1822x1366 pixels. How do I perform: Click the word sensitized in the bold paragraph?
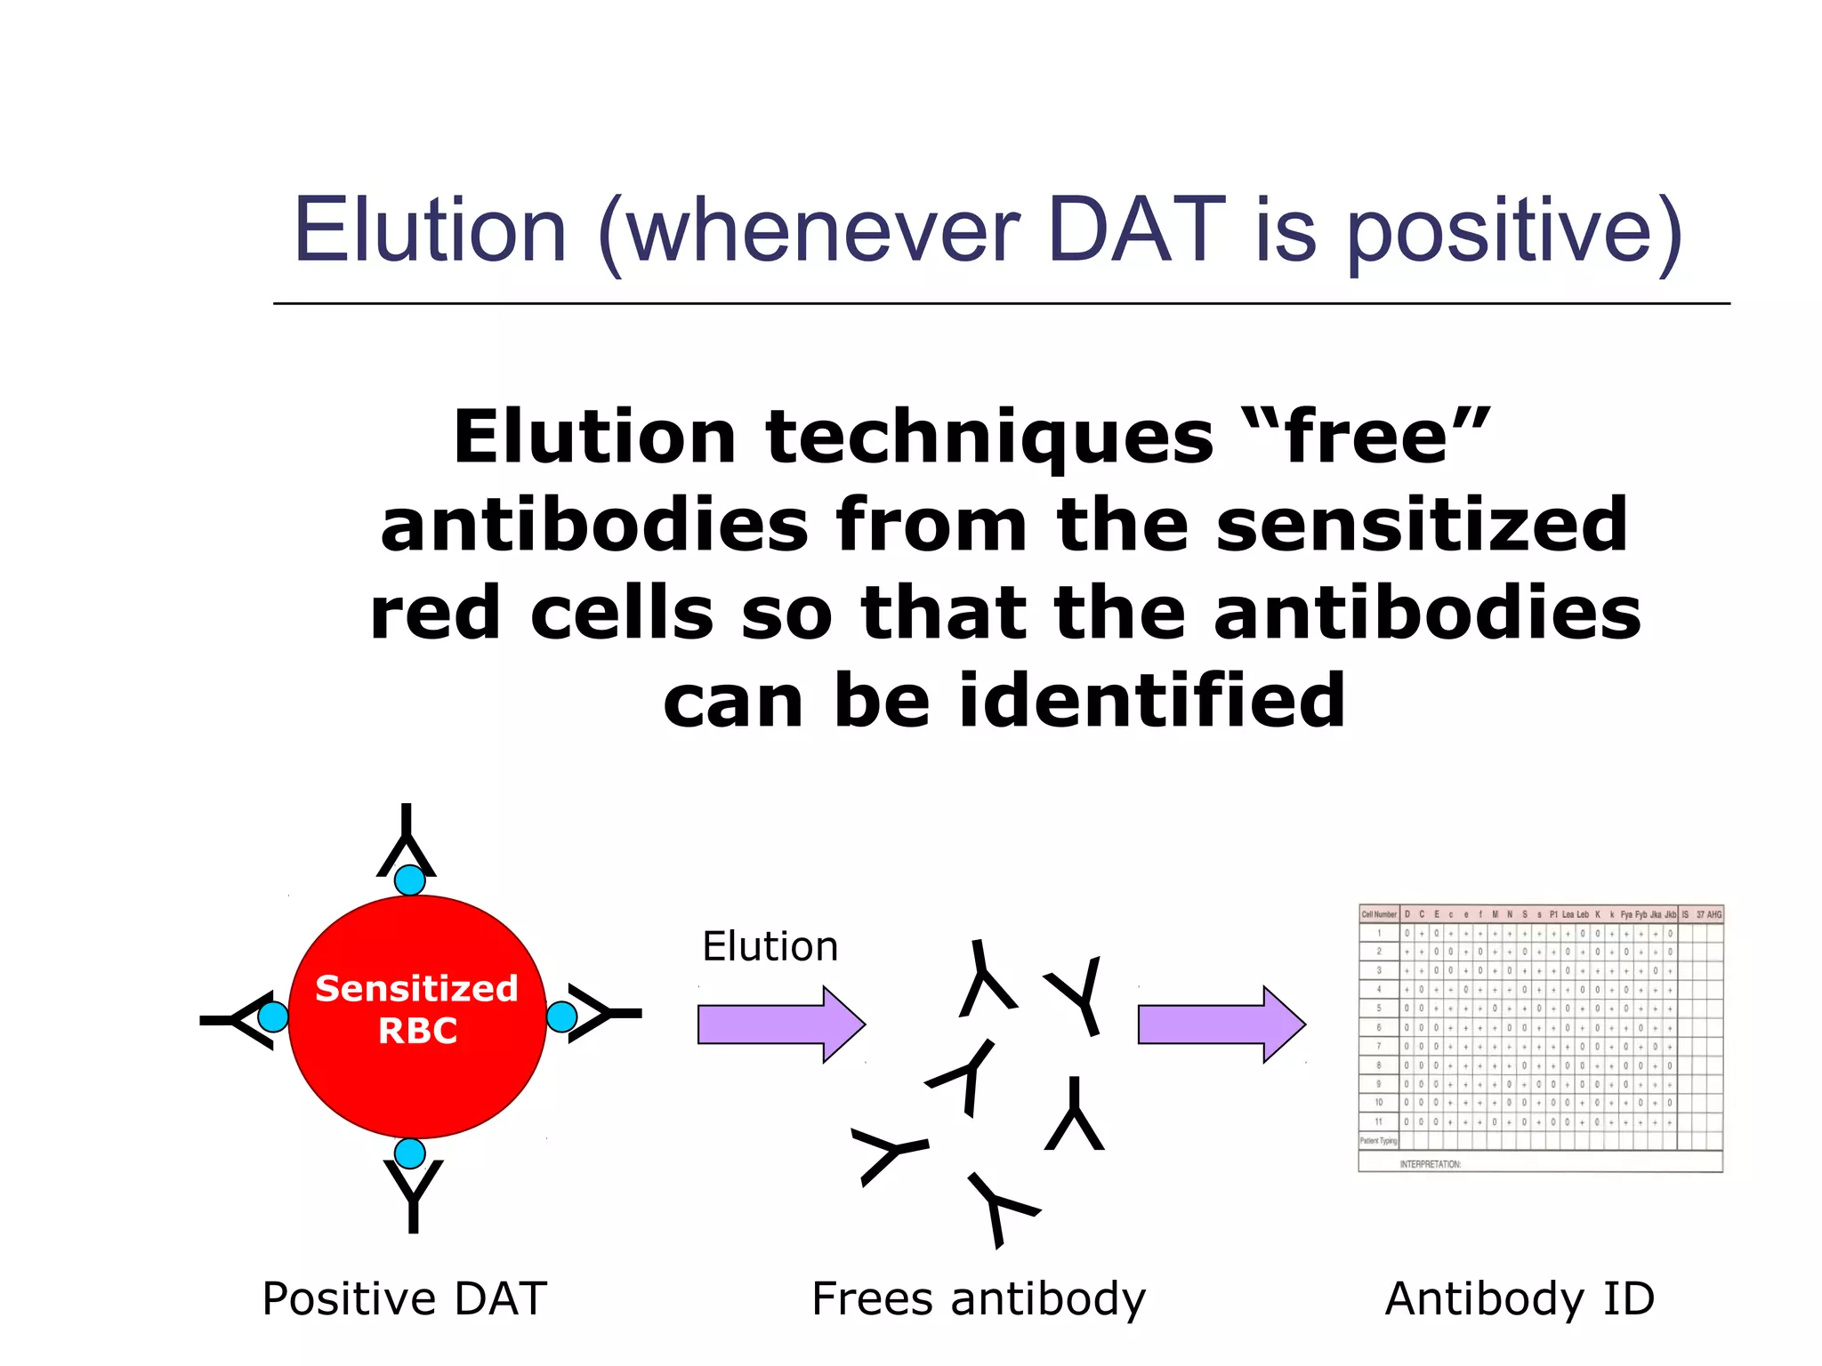1422,525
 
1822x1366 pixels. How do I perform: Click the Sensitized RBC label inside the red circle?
417,1009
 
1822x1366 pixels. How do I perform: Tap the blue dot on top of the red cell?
409,880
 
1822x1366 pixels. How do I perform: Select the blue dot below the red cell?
409,1153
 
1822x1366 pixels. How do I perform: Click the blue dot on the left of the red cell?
273,1016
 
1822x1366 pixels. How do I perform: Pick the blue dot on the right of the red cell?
561,1016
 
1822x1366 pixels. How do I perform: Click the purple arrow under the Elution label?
779,1024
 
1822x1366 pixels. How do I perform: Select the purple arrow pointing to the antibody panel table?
1220,1024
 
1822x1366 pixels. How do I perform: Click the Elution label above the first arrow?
770,946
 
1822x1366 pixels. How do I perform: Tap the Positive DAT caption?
405,1298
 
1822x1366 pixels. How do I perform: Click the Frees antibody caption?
979,1298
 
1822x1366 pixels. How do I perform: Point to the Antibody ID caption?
1520,1298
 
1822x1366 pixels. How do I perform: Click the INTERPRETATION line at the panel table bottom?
1430,1163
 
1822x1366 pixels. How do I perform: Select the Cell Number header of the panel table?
1379,914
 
